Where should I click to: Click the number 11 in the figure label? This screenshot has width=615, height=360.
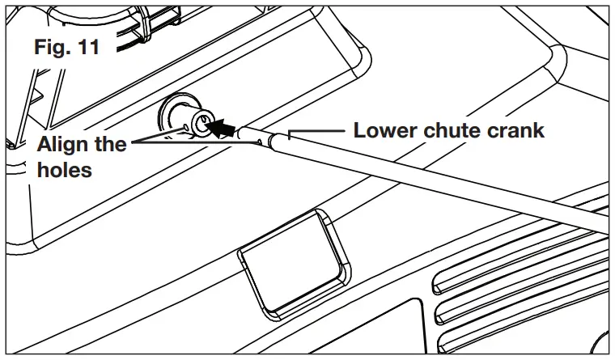coord(86,47)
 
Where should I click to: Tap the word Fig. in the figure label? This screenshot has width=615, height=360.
coord(52,47)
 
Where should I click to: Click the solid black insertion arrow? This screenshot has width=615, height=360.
coord(226,128)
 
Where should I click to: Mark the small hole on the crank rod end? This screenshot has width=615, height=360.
coord(258,140)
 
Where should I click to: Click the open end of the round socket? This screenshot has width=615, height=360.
coord(204,122)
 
